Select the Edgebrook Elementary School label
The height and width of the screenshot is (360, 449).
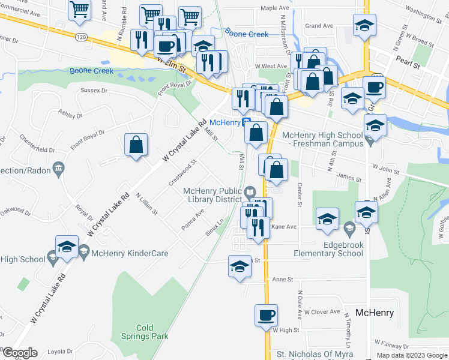[328, 249]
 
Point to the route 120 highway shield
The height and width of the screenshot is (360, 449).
[80, 37]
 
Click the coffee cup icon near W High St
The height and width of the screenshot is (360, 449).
[266, 316]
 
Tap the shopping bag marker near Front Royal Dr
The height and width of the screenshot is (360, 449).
[136, 145]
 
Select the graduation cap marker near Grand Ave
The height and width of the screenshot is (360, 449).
[364, 26]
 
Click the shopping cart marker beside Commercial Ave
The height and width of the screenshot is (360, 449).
[79, 10]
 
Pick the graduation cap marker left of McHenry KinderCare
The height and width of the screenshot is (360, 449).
[67, 247]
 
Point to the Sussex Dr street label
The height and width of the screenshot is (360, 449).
[94, 91]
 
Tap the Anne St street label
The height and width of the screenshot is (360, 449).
[282, 279]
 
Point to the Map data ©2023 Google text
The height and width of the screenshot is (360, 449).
[411, 355]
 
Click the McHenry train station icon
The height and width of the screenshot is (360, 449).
[246, 122]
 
